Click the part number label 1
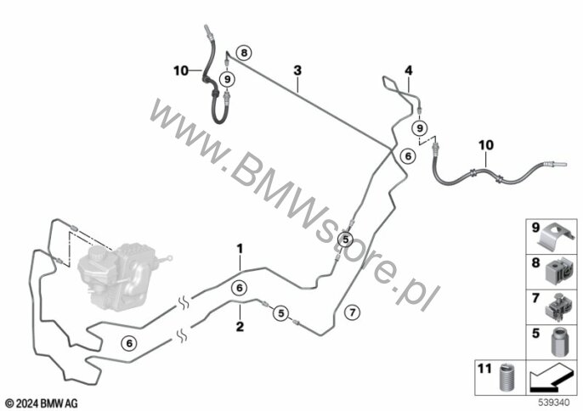241,248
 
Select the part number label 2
240,325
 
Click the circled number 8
245,53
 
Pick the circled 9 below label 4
418,127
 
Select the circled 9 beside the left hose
227,80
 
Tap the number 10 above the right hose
484,146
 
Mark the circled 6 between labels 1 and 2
240,287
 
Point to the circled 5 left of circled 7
281,314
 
